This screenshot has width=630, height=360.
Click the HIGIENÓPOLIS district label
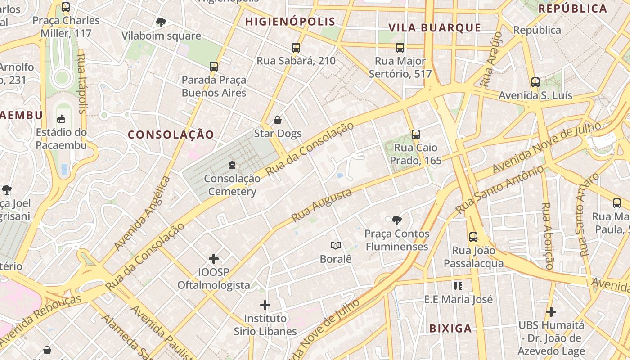290,21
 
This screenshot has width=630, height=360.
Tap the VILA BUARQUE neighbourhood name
435,27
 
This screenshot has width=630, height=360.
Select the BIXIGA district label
450,328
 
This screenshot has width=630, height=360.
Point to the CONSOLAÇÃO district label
171,135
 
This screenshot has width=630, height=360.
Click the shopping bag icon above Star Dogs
278,120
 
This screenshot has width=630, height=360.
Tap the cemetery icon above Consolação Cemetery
232,165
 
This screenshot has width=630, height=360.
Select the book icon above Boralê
335,245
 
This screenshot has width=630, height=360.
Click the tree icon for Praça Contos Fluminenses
396,220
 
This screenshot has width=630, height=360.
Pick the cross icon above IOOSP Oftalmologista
214,259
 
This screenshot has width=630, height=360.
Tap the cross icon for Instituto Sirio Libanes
265,305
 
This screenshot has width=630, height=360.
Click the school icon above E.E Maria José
458,286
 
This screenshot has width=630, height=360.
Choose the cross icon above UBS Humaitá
551,311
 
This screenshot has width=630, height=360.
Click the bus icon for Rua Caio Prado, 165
416,134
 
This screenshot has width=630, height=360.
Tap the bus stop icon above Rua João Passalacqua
473,237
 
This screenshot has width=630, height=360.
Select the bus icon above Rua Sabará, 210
296,47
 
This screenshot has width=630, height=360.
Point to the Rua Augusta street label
321,205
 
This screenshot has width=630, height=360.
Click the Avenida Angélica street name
142,213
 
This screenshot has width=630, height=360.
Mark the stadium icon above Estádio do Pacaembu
61,119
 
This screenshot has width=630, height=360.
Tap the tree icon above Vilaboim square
161,22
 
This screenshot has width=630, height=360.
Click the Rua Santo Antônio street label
499,189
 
